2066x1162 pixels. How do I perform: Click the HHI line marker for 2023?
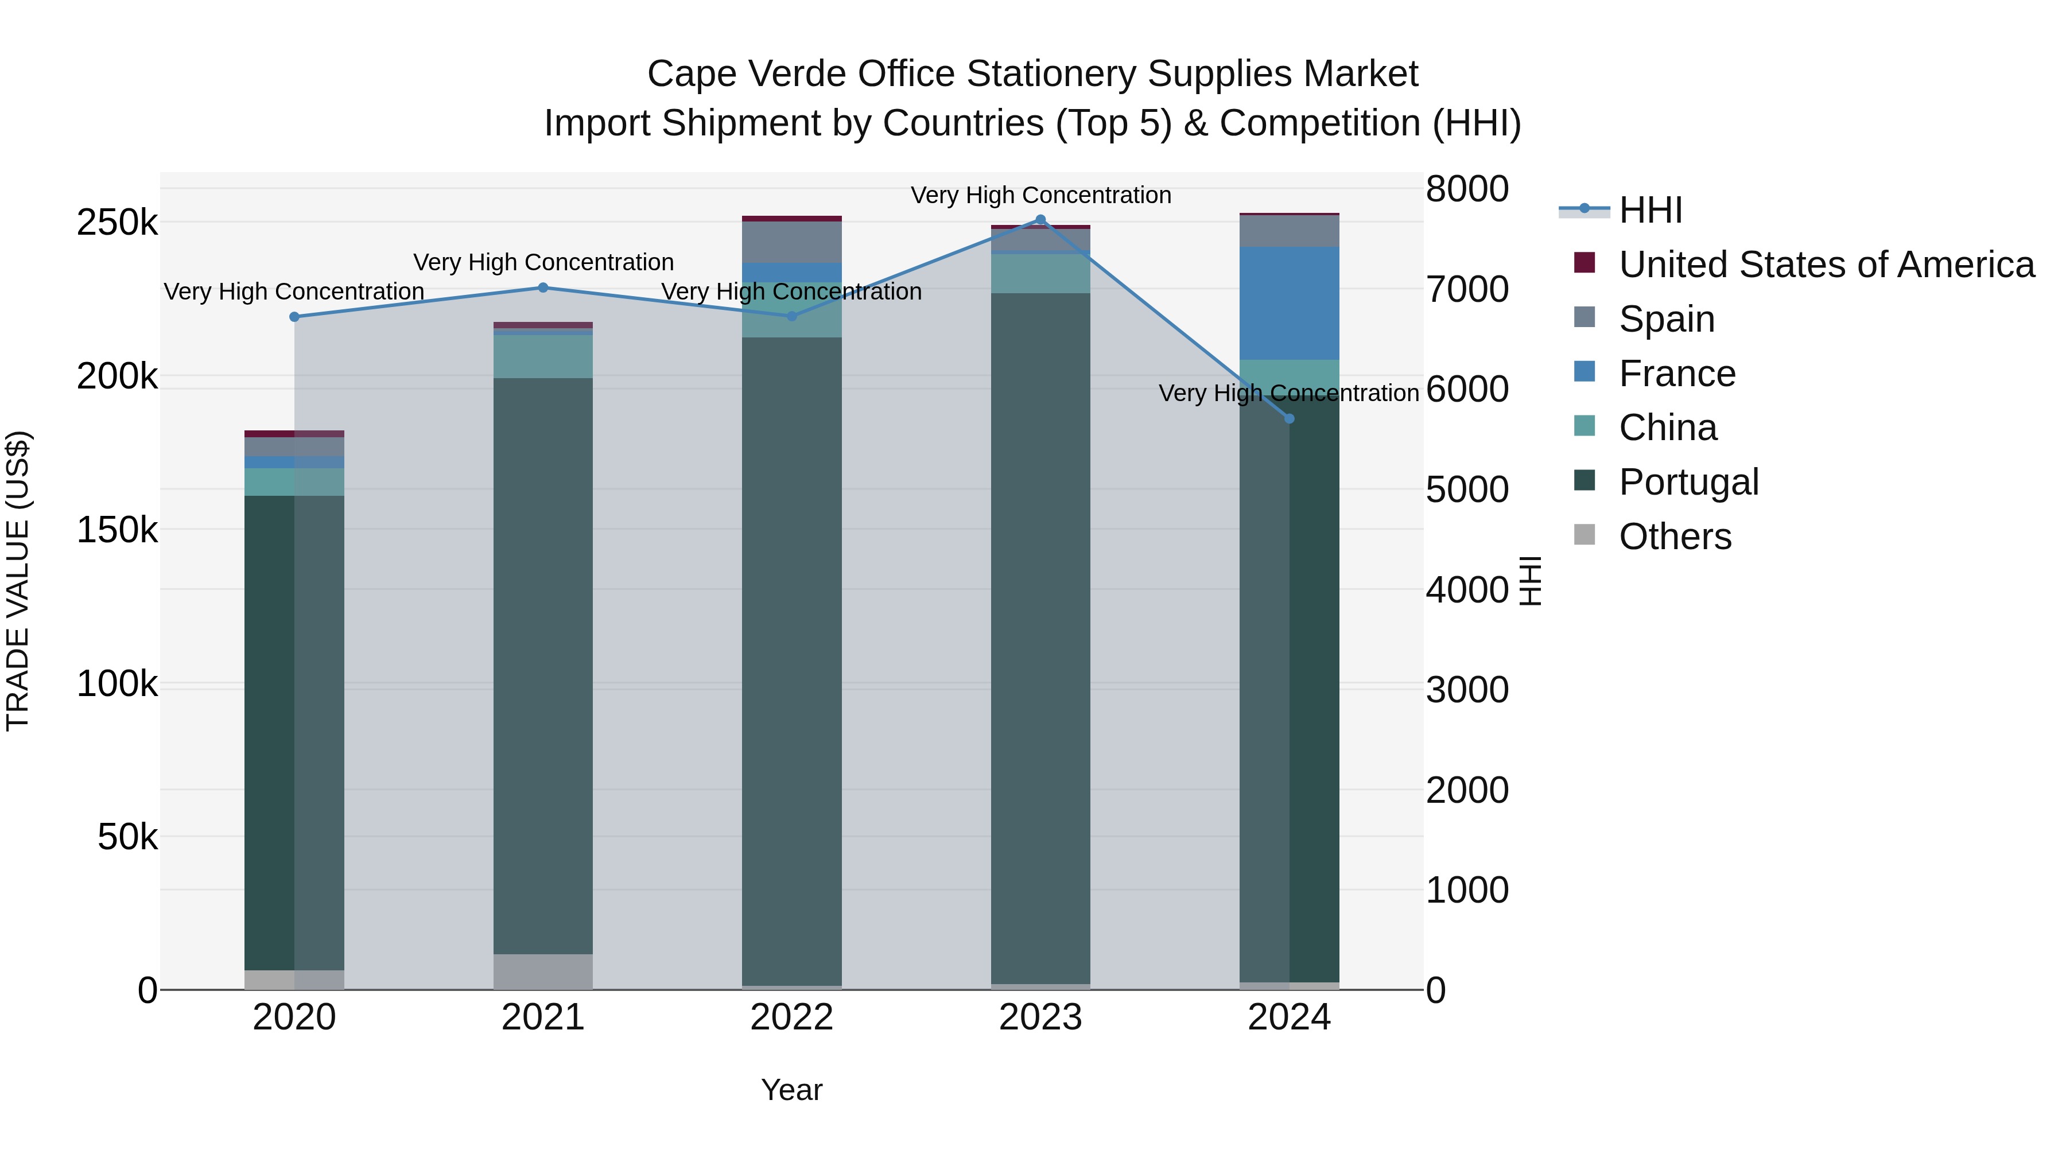click(1040, 220)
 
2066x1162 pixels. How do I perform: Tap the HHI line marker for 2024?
click(1290, 419)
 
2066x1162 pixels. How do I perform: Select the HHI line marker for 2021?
click(543, 288)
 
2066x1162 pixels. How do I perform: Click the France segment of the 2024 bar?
click(1290, 303)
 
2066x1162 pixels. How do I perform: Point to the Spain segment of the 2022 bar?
click(791, 242)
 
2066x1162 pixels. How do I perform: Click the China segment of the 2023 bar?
click(1040, 274)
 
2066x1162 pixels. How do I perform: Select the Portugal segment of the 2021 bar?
click(543, 666)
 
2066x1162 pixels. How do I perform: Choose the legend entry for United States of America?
click(1826, 265)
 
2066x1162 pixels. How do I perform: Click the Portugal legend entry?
click(1688, 482)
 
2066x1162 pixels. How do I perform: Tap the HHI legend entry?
click(1650, 210)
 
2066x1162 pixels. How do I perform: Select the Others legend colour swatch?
click(1585, 535)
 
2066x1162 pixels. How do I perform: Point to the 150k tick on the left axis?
click(117, 530)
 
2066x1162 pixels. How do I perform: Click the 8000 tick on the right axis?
click(1467, 189)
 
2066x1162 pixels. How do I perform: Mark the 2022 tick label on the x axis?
click(791, 1017)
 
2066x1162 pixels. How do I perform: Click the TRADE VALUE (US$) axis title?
click(18, 581)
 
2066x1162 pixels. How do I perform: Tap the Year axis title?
click(791, 1090)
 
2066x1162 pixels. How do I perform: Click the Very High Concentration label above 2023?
click(1040, 195)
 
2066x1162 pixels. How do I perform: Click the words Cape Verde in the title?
click(747, 74)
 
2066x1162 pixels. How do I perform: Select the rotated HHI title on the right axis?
click(1530, 581)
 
